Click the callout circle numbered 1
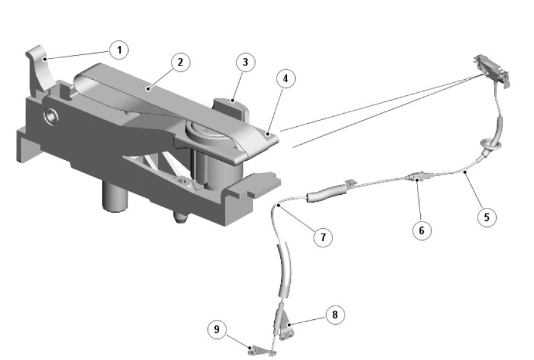click(x=119, y=49)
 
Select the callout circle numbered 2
click(x=180, y=62)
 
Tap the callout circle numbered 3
click(x=246, y=62)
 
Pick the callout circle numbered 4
click(x=285, y=79)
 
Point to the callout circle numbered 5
click(x=486, y=217)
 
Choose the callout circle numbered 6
click(x=421, y=231)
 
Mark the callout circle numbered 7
click(x=323, y=237)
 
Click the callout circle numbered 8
click(x=335, y=315)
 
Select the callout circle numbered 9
click(x=217, y=329)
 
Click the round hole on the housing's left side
click(x=51, y=116)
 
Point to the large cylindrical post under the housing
click(x=115, y=197)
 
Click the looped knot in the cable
click(x=489, y=145)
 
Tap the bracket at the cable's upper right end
click(x=492, y=71)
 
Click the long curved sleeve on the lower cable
click(x=285, y=270)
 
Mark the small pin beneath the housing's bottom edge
click(x=181, y=217)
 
